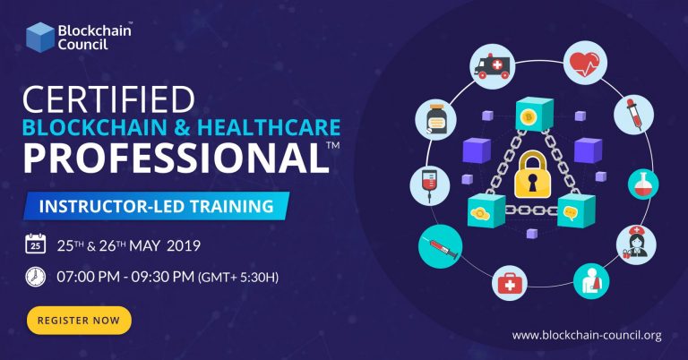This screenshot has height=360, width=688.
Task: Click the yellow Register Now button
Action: tap(79, 320)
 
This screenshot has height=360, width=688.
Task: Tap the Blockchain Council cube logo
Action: tap(39, 36)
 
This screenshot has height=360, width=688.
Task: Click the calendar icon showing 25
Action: tap(35, 244)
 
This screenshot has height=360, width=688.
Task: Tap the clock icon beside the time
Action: tap(35, 276)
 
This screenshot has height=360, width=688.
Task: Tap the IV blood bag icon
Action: tap(426, 183)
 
